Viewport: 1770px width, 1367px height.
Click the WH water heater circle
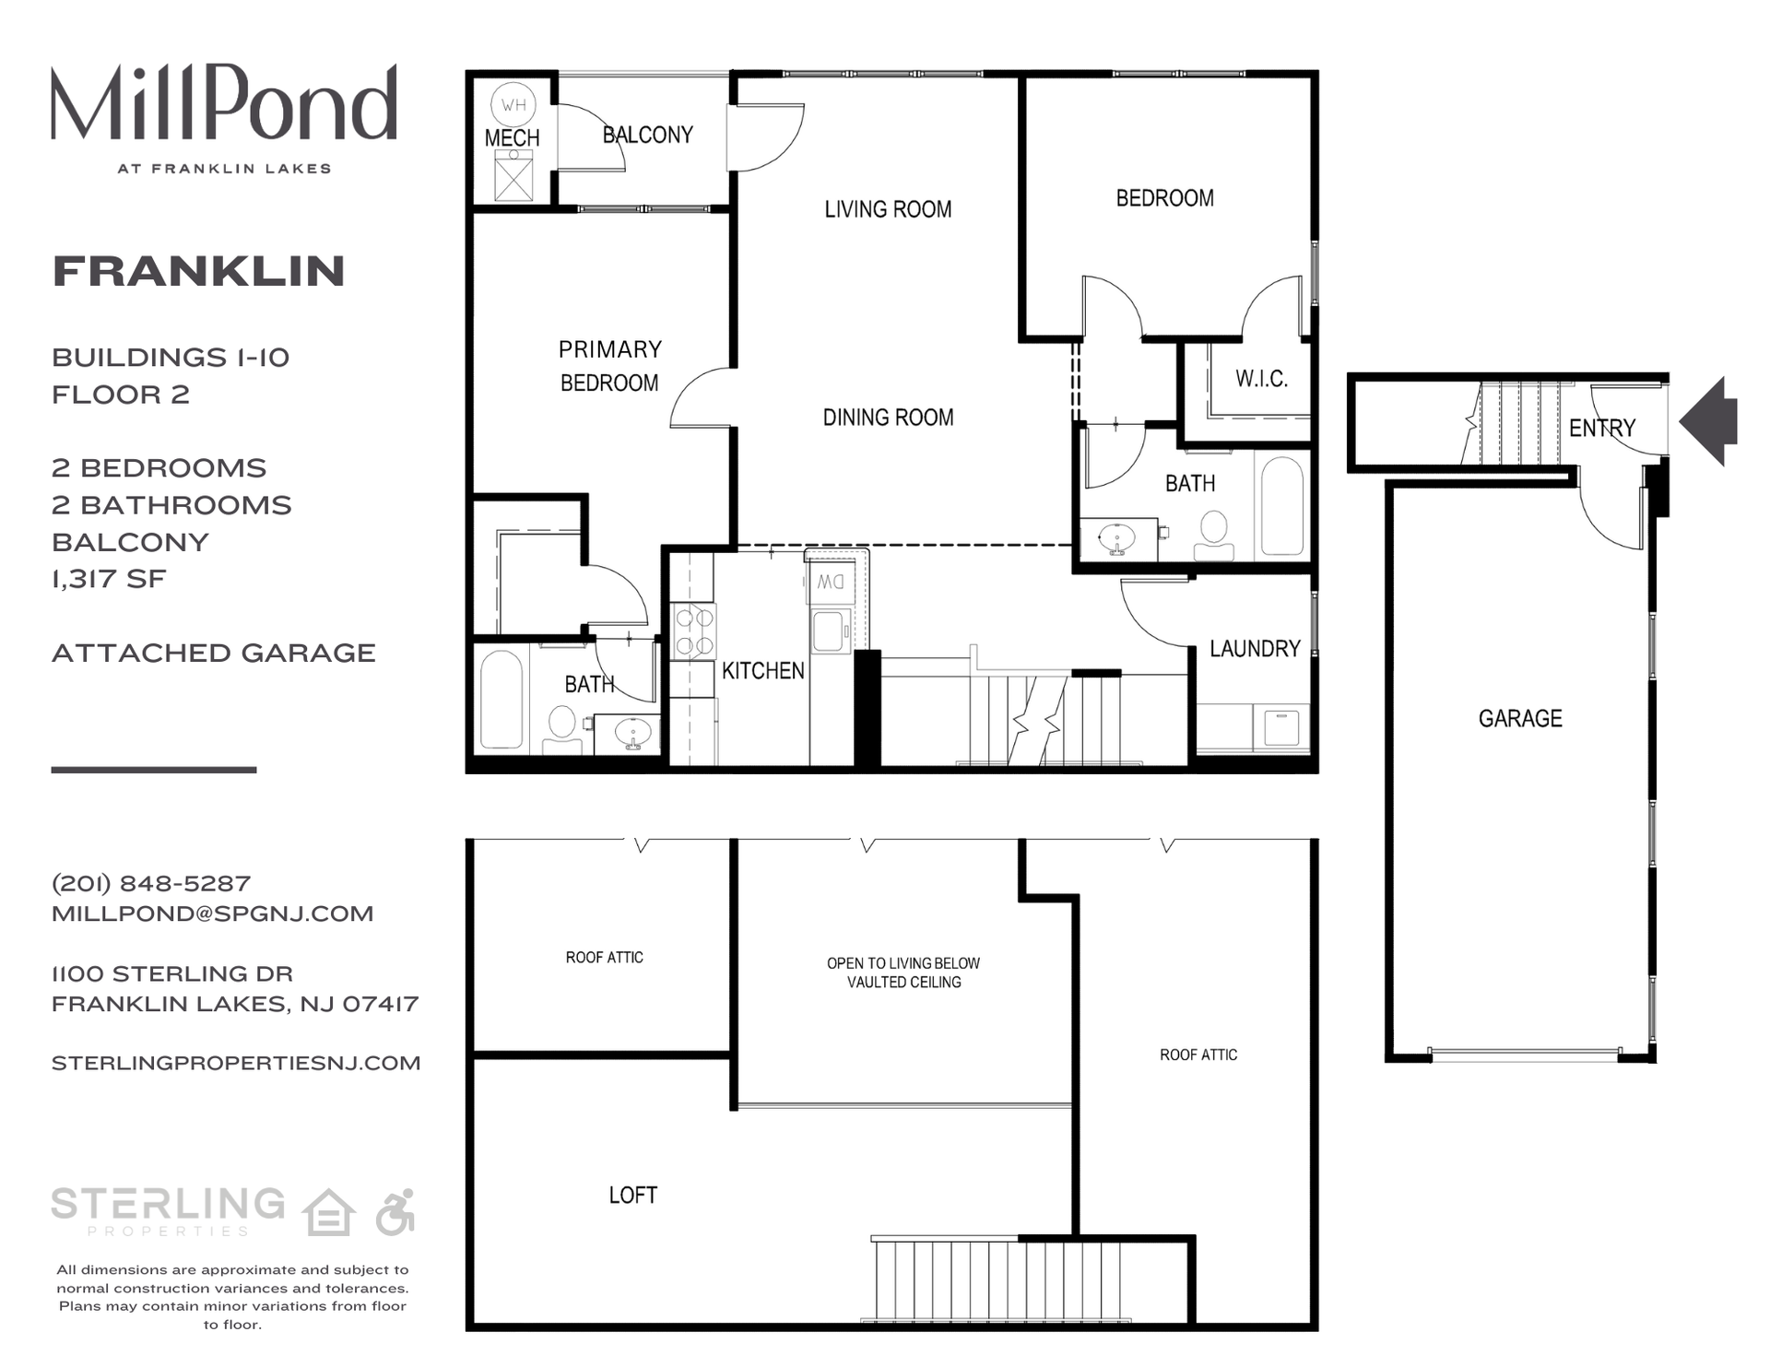513,105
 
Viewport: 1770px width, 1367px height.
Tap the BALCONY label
647,136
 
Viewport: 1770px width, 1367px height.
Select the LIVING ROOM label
888,210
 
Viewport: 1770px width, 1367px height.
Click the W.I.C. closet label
1261,379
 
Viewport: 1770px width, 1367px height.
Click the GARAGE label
1519,719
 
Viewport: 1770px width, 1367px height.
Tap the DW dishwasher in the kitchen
830,583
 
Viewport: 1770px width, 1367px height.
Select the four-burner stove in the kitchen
693,631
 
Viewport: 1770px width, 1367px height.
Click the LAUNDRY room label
1254,649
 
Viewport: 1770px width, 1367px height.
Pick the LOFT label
632,1196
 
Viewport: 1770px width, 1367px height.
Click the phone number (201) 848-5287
151,883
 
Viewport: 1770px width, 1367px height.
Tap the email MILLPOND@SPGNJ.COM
212,913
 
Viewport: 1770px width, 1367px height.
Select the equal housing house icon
329,1212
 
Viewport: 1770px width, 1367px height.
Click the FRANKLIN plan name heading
198,271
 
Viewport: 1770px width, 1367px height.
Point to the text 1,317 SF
109,579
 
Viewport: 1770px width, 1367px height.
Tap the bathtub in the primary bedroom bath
501,700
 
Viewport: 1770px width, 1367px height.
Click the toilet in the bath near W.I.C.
1214,534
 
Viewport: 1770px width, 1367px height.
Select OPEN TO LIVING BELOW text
903,963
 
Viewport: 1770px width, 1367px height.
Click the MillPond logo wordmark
224,103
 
